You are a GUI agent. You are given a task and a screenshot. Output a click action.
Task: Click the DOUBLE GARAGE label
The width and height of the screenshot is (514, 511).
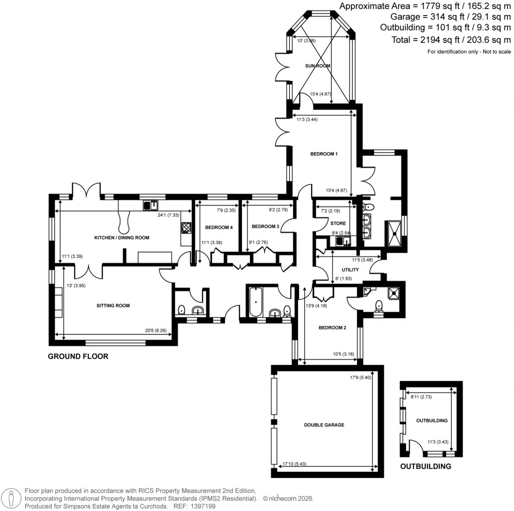324,425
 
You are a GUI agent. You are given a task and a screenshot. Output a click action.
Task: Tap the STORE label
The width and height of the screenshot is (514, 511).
338,223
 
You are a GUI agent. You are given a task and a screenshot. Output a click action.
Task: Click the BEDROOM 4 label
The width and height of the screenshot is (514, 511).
219,227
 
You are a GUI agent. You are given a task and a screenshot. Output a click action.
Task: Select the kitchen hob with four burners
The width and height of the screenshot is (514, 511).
186,227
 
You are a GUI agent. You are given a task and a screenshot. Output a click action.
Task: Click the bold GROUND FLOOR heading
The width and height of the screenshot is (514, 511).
78,357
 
